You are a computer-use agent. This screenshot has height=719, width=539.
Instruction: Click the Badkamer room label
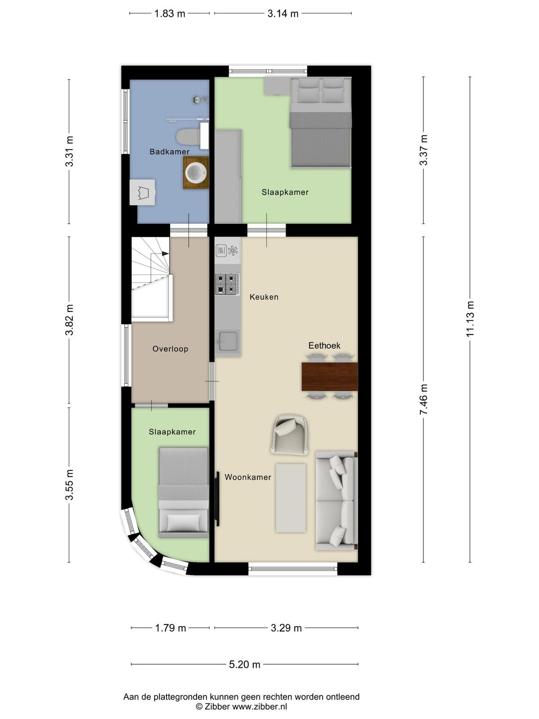click(169, 151)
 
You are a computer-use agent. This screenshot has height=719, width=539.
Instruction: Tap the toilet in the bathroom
click(188, 137)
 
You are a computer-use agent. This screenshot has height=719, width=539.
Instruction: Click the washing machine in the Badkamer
click(142, 192)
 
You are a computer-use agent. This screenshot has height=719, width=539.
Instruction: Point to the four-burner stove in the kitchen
click(227, 284)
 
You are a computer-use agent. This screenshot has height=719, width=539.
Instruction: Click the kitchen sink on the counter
click(228, 341)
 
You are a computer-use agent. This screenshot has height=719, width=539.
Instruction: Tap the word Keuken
click(264, 297)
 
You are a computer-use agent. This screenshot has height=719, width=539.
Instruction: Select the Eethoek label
click(324, 346)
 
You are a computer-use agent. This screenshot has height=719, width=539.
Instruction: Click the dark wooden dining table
click(330, 377)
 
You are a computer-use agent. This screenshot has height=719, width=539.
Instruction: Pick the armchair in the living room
click(290, 435)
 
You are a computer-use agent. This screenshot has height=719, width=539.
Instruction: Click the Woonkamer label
click(248, 477)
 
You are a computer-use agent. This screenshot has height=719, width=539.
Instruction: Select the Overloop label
click(170, 349)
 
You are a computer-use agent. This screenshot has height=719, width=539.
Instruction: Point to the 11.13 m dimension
click(470, 319)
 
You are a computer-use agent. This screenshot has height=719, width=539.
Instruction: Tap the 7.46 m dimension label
click(424, 399)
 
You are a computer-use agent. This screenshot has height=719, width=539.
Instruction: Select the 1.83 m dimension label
click(169, 14)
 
